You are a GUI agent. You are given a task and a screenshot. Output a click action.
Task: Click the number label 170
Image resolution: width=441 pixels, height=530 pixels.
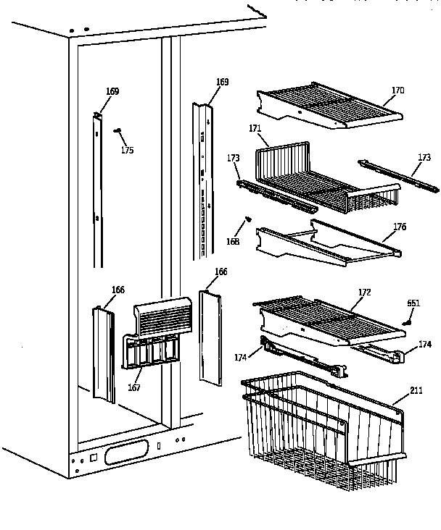coord(397,91)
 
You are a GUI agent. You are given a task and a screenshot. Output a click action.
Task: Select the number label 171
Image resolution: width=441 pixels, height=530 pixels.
coord(255,128)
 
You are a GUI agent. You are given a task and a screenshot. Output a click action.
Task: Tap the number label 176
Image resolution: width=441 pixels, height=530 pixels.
coord(399,227)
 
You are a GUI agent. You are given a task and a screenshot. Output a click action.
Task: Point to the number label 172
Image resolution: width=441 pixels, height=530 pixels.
coord(363,292)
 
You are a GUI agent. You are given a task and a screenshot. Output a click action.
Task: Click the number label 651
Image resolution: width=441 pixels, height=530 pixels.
coord(413,303)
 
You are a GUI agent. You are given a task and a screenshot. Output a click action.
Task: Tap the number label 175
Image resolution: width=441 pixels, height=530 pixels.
coord(127,151)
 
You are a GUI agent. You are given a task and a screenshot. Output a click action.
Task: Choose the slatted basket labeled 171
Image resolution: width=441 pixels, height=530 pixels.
coord(319,177)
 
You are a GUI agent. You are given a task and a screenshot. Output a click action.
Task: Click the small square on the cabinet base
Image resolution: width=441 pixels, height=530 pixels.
coord(94,457)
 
